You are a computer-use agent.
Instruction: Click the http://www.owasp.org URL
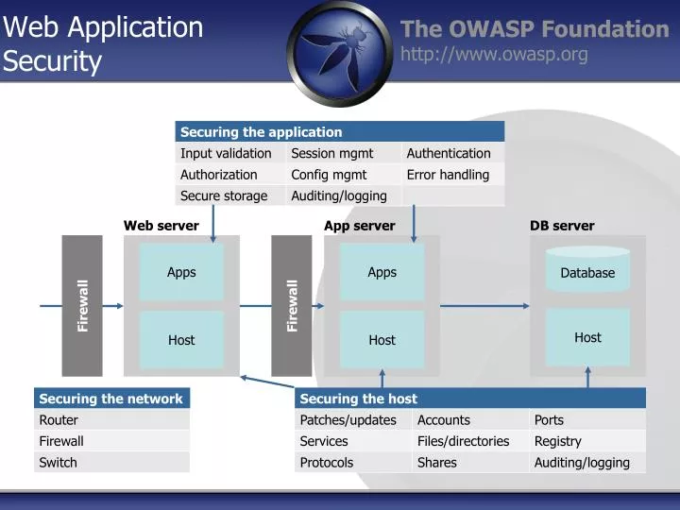(494, 55)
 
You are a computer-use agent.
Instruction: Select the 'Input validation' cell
(227, 153)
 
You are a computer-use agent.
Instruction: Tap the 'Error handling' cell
(448, 175)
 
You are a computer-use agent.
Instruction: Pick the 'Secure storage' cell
(225, 196)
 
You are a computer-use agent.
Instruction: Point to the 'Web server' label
(161, 226)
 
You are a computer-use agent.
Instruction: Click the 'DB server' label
(562, 226)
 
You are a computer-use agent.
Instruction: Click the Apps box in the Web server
(181, 272)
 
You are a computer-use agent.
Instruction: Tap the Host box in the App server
(382, 340)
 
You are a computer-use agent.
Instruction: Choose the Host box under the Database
(587, 337)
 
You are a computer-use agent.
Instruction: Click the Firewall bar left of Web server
(82, 305)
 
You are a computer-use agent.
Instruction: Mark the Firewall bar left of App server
(292, 305)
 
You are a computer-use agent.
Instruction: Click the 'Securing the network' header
(111, 399)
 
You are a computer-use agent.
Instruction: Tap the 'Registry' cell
(558, 441)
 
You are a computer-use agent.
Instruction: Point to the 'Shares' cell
(437, 463)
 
